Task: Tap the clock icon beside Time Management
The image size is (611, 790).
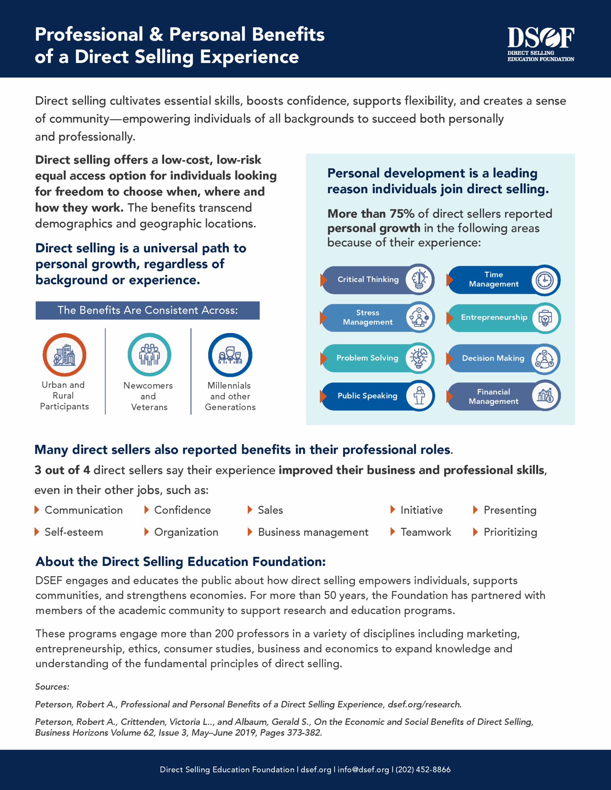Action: pyautogui.click(x=545, y=280)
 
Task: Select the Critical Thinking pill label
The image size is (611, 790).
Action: pyautogui.click(x=368, y=279)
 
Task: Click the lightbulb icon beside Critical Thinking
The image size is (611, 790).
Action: pyautogui.click(x=419, y=279)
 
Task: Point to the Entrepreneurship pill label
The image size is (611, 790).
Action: pyautogui.click(x=494, y=317)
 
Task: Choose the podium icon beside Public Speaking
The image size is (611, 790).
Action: pyautogui.click(x=419, y=396)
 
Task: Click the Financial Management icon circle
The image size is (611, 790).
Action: pyautogui.click(x=545, y=396)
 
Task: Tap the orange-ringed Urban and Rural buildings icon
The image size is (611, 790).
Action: pyautogui.click(x=64, y=355)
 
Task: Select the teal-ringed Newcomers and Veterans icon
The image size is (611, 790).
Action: pyautogui.click(x=149, y=355)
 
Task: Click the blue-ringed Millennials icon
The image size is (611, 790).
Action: pyautogui.click(x=230, y=355)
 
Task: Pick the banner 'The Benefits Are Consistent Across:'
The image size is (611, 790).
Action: pyautogui.click(x=147, y=311)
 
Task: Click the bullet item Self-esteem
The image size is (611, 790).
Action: pyautogui.click(x=74, y=532)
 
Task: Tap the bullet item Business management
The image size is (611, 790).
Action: pyautogui.click(x=313, y=532)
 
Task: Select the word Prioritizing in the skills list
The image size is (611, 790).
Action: pyautogui.click(x=510, y=532)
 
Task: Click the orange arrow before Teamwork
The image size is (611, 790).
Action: pyautogui.click(x=393, y=532)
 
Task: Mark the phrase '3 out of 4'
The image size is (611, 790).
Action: pyautogui.click(x=62, y=470)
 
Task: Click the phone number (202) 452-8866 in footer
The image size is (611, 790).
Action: pyautogui.click(x=423, y=770)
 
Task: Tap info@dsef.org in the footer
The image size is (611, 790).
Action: pyautogui.click(x=363, y=770)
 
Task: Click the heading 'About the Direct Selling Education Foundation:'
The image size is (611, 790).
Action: pyautogui.click(x=181, y=562)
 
